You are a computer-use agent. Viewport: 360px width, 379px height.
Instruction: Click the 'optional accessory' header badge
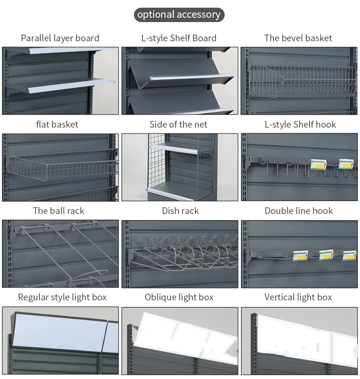pos(179,14)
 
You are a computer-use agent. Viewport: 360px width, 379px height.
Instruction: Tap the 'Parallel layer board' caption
pos(60,38)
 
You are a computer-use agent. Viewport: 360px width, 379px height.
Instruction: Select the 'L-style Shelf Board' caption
pos(179,38)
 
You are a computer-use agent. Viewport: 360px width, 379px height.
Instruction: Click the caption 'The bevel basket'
pos(298,38)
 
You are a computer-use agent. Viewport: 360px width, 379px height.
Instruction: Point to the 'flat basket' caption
pos(57,124)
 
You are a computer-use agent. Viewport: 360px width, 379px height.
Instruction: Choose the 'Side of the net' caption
pos(179,124)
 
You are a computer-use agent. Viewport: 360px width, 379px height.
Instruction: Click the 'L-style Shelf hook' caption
pos(300,124)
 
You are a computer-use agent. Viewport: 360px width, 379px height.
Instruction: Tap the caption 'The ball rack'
pos(59,211)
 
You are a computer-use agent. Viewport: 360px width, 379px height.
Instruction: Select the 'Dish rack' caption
pos(180,211)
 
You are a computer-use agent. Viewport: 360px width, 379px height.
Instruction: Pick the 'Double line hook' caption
pos(299,211)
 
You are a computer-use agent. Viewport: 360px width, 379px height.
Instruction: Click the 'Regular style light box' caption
pos(62,297)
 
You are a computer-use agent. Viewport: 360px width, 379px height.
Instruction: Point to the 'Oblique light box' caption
pos(179,297)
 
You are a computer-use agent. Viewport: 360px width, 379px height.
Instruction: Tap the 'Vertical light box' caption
pos(298,297)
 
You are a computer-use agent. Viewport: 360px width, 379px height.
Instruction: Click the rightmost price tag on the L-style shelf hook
pos(347,164)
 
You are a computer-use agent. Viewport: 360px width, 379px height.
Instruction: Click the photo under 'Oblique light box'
pos(180,341)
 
